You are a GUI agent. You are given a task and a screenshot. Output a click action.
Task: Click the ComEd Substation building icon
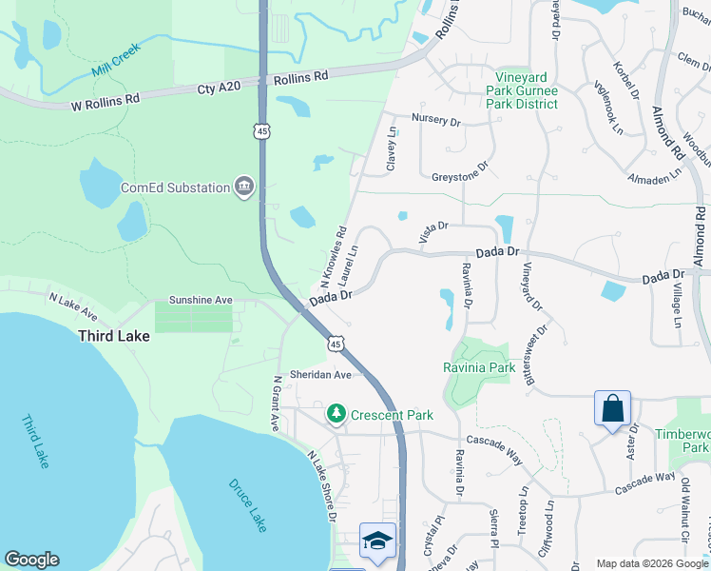coord(245,187)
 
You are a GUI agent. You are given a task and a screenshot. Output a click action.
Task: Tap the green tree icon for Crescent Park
coord(336,414)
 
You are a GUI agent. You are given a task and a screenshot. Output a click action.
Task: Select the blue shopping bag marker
coord(613,409)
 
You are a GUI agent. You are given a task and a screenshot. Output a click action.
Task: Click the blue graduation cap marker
coord(377,541)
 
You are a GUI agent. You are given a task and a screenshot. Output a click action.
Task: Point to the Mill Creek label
coord(116,59)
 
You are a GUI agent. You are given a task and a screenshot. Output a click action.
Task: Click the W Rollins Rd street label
coord(106,98)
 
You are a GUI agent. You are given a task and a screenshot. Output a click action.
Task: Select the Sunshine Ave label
coord(201,300)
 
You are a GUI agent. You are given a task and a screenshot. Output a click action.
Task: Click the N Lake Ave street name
coord(74,304)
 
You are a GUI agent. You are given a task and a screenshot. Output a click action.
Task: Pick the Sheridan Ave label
coord(321,375)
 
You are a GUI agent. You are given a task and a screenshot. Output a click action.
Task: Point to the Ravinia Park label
coord(479,367)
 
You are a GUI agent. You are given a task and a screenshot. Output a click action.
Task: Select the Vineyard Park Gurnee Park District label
coord(526,90)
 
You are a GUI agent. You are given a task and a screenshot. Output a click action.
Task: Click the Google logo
coord(32,560)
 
